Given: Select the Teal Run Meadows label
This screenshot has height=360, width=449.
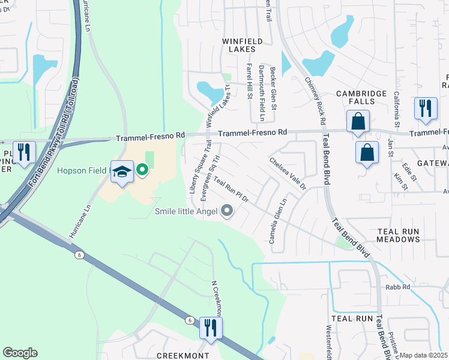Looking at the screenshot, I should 398,235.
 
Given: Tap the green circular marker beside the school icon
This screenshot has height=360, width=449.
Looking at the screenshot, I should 142,170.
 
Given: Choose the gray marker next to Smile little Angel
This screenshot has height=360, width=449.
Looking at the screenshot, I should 227,211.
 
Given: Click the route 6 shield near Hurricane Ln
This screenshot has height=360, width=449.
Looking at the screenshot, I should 79,255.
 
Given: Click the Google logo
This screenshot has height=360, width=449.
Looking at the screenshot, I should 20,353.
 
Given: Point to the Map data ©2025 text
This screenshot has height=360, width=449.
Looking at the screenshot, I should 423,355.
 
